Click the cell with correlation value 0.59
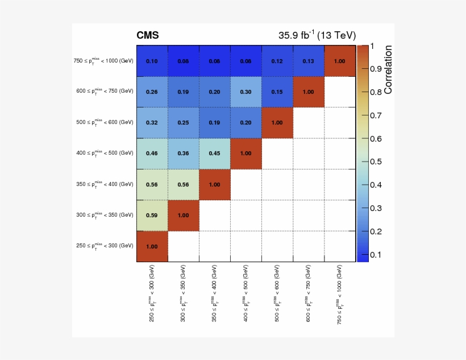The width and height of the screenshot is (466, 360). (x=152, y=215)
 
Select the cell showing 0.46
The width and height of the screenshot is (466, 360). (x=152, y=154)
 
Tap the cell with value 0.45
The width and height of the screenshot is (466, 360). (x=214, y=154)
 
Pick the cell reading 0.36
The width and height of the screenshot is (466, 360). (x=183, y=154)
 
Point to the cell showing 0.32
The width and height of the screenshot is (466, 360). (x=152, y=122)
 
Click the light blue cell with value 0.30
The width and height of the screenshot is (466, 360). (x=246, y=92)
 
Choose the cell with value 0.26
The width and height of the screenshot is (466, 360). (x=152, y=92)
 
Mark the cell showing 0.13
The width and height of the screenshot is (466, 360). (x=308, y=61)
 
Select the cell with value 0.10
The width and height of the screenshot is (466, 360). (x=152, y=61)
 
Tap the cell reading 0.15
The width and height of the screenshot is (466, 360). (x=277, y=92)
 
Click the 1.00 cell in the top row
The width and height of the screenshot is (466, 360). (x=339, y=61)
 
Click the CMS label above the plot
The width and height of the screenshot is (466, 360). (x=148, y=36)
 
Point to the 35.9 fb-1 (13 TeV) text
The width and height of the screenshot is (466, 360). (x=317, y=35)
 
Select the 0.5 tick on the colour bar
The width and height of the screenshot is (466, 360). (x=375, y=162)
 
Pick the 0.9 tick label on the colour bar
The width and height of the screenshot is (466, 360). (x=375, y=69)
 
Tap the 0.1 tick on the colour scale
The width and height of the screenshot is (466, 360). (x=375, y=254)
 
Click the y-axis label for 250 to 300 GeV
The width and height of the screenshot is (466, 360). (x=105, y=246)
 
